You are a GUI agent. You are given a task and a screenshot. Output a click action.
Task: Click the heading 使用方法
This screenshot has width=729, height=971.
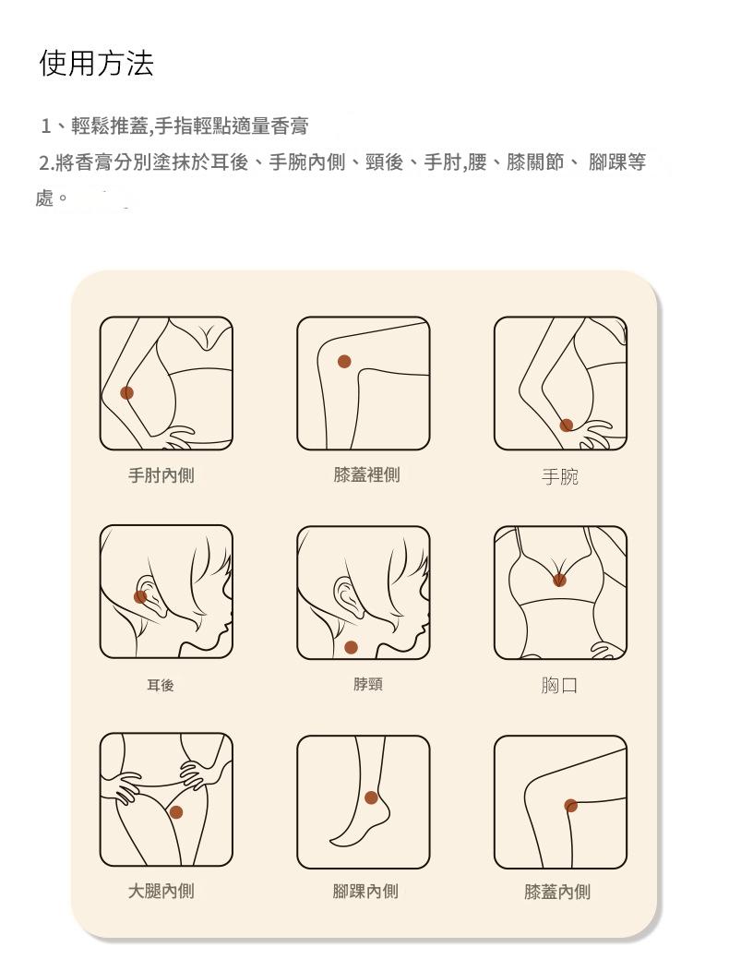pos(96,64)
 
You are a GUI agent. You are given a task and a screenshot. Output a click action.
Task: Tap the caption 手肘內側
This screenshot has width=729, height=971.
pos(161,476)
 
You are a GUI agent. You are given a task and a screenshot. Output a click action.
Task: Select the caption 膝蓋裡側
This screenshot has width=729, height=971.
pos(366,475)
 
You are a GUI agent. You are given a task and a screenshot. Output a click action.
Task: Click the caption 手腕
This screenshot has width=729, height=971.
pos(559,477)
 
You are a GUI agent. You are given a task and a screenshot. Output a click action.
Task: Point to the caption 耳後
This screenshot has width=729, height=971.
pos(160,685)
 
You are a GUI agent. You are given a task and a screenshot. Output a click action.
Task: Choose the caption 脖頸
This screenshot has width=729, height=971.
pos(367,684)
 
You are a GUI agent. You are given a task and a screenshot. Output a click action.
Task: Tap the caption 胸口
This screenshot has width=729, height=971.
pos(559,686)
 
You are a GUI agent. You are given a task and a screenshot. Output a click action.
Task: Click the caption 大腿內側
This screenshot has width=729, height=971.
pos(161,892)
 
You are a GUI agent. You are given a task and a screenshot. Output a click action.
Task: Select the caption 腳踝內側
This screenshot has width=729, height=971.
pos(365,892)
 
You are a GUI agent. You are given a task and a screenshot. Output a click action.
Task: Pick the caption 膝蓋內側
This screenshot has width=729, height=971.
pos(557,893)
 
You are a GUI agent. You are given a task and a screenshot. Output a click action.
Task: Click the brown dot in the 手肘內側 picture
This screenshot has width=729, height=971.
pos(127,393)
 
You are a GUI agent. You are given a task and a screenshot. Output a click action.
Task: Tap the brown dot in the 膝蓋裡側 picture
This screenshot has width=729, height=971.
pos(344,361)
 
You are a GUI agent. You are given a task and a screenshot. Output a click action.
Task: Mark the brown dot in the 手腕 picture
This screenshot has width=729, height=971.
pos(567,425)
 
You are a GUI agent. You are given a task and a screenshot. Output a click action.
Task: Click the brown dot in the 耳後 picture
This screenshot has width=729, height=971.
pos(140,597)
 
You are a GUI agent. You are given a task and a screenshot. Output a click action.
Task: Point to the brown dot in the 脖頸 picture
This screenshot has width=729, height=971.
pos(351,647)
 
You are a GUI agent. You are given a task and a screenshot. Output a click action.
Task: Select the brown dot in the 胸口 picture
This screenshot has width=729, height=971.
pos(559,580)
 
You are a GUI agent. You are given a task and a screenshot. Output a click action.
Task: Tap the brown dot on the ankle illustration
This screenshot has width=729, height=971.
pos(371,797)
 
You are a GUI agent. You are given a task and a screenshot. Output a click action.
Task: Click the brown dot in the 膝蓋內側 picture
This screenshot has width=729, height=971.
pos(571,805)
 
